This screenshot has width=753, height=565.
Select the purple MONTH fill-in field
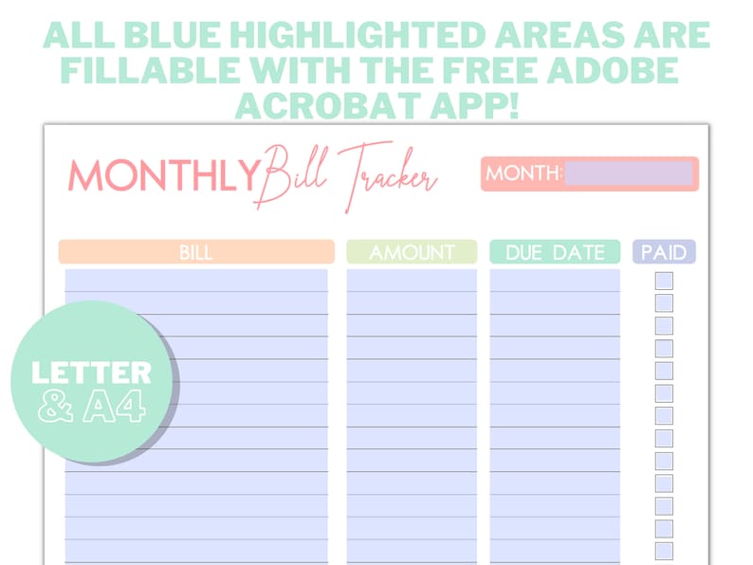(629, 173)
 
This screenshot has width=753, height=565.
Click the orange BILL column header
(196, 252)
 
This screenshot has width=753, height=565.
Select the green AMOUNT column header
(412, 252)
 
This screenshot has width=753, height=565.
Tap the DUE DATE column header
(555, 252)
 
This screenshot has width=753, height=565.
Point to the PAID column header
(664, 252)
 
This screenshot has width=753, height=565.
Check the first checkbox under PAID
(664, 281)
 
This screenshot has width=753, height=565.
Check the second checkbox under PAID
(664, 303)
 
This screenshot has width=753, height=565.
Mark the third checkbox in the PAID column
(664, 326)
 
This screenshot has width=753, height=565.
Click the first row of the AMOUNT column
(412, 281)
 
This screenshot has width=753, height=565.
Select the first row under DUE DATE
(555, 281)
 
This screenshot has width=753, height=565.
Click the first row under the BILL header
(196, 281)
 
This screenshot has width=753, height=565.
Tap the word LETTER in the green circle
(91, 373)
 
